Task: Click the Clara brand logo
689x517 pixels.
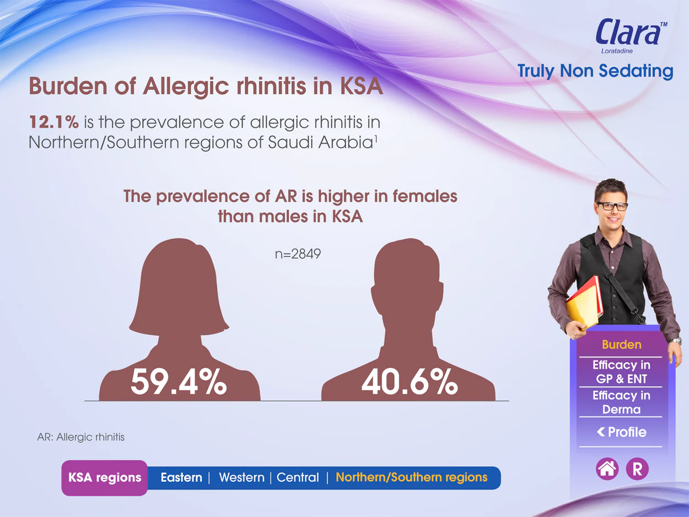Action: pyautogui.click(x=631, y=35)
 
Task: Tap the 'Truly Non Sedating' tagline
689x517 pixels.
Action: pyautogui.click(x=595, y=71)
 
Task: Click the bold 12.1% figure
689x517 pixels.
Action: pyautogui.click(x=53, y=122)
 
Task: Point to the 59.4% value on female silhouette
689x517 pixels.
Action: pyautogui.click(x=178, y=382)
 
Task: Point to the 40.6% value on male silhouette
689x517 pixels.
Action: pyautogui.click(x=410, y=382)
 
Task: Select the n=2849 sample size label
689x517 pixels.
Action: pyautogui.click(x=298, y=254)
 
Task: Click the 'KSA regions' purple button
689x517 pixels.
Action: pyautogui.click(x=105, y=478)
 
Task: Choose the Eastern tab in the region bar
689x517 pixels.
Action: pyautogui.click(x=181, y=477)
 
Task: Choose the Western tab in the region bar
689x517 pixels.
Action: pyautogui.click(x=241, y=477)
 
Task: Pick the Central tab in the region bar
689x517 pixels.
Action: pyautogui.click(x=298, y=477)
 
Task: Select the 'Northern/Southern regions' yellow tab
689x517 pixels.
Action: pyautogui.click(x=412, y=477)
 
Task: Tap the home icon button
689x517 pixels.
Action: pyautogui.click(x=607, y=469)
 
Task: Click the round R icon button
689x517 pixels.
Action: pyautogui.click(x=637, y=469)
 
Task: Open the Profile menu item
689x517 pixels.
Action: pyautogui.click(x=622, y=432)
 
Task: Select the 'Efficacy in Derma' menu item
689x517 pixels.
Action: pyautogui.click(x=621, y=402)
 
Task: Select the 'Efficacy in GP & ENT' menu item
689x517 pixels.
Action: pyautogui.click(x=621, y=371)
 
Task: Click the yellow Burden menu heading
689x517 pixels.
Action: pyautogui.click(x=622, y=344)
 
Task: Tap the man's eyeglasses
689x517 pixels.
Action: pyautogui.click(x=612, y=206)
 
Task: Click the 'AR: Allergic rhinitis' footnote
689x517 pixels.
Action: pyautogui.click(x=80, y=437)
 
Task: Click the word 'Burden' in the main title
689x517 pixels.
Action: pyautogui.click(x=68, y=85)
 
